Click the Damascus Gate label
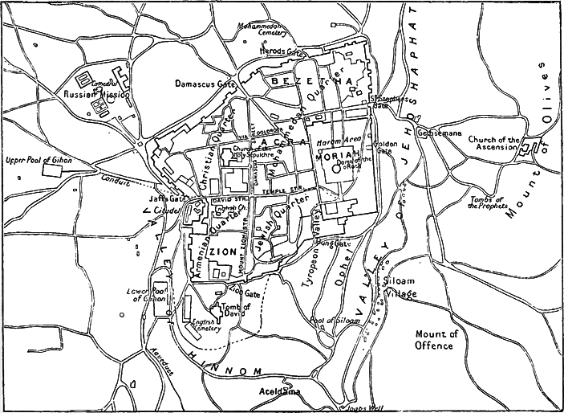pos(205,83)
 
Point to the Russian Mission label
pos(97,95)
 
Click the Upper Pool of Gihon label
pos(38,161)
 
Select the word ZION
pos(221,251)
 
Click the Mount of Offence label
pos(434,340)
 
